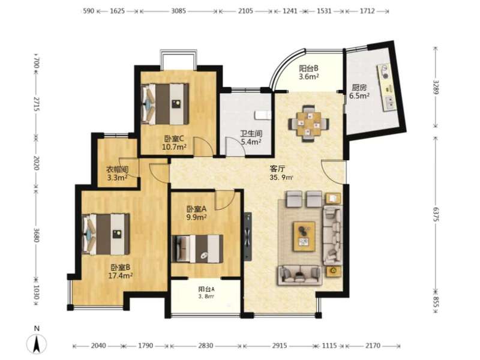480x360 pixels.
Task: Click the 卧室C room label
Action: point(174,139)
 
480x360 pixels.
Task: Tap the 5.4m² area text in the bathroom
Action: point(251,142)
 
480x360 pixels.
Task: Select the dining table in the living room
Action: point(308,124)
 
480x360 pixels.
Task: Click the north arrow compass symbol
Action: point(37,341)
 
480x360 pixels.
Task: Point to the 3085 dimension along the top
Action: point(178,11)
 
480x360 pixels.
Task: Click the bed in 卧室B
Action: point(106,234)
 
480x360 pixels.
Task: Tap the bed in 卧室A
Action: point(197,248)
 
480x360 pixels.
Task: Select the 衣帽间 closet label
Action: point(117,169)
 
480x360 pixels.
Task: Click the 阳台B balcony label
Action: point(308,68)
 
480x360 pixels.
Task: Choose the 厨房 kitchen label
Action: point(359,88)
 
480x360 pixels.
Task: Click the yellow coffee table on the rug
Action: point(304,236)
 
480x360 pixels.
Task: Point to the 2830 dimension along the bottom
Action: point(205,346)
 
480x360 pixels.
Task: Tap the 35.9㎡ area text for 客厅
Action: point(281,177)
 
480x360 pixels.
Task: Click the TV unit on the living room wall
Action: point(248,236)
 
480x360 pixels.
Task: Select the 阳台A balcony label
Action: point(206,289)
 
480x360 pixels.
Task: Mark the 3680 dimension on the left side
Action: point(36,235)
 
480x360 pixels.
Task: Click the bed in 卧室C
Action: point(164,104)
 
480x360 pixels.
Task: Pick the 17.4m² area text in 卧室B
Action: point(121,275)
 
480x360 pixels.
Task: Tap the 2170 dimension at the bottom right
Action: point(373,346)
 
